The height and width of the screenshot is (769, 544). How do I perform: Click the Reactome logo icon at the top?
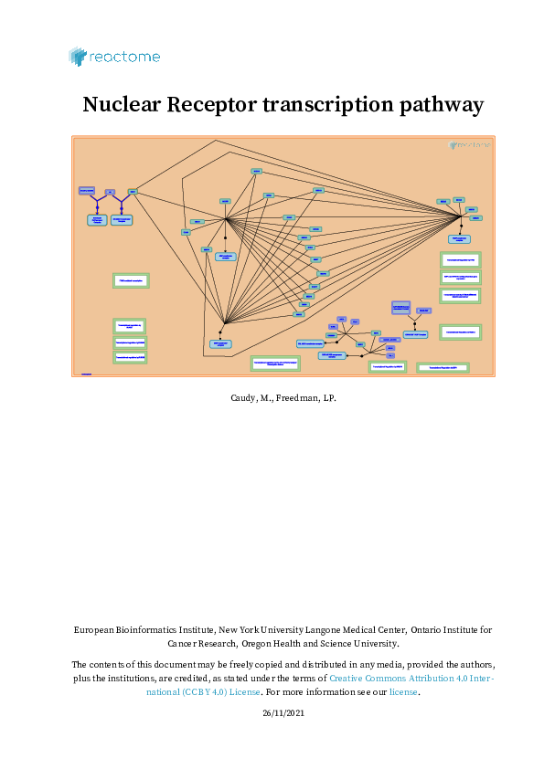[78, 57]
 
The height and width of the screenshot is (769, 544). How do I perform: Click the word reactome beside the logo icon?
[124, 58]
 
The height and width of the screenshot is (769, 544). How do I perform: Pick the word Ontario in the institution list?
[428, 629]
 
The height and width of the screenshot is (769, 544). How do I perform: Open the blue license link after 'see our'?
[403, 692]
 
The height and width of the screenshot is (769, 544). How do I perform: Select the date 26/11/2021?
[272, 712]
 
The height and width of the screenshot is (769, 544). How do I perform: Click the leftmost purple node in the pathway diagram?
[87, 190]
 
